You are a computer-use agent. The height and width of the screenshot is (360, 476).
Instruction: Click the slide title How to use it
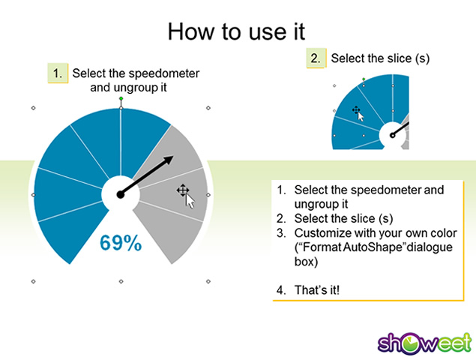point(236,31)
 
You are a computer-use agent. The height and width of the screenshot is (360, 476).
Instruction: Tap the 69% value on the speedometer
point(121,243)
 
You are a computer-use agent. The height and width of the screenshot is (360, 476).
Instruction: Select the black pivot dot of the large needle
point(121,195)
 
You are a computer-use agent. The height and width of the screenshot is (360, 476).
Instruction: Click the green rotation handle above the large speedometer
point(121,98)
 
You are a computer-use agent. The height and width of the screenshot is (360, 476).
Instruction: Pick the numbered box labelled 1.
point(58,73)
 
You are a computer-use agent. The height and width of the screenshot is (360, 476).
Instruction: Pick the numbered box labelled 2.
point(316,58)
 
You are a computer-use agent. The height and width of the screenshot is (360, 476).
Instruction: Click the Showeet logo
point(425,343)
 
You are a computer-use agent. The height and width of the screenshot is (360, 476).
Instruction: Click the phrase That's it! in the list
point(317,289)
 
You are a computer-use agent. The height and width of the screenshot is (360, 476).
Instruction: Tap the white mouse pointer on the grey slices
point(190,201)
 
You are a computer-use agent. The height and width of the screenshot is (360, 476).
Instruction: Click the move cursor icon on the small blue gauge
point(356,109)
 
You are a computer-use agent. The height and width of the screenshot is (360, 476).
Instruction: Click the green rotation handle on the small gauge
point(364,79)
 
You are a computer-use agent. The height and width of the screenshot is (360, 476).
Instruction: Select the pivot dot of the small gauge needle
point(393,135)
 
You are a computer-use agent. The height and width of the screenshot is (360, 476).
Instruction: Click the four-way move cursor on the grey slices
point(183,190)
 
